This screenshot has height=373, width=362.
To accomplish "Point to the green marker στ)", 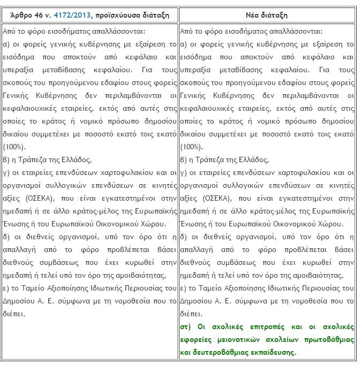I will [187, 326].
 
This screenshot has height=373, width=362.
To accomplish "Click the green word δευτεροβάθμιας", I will [219, 353].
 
